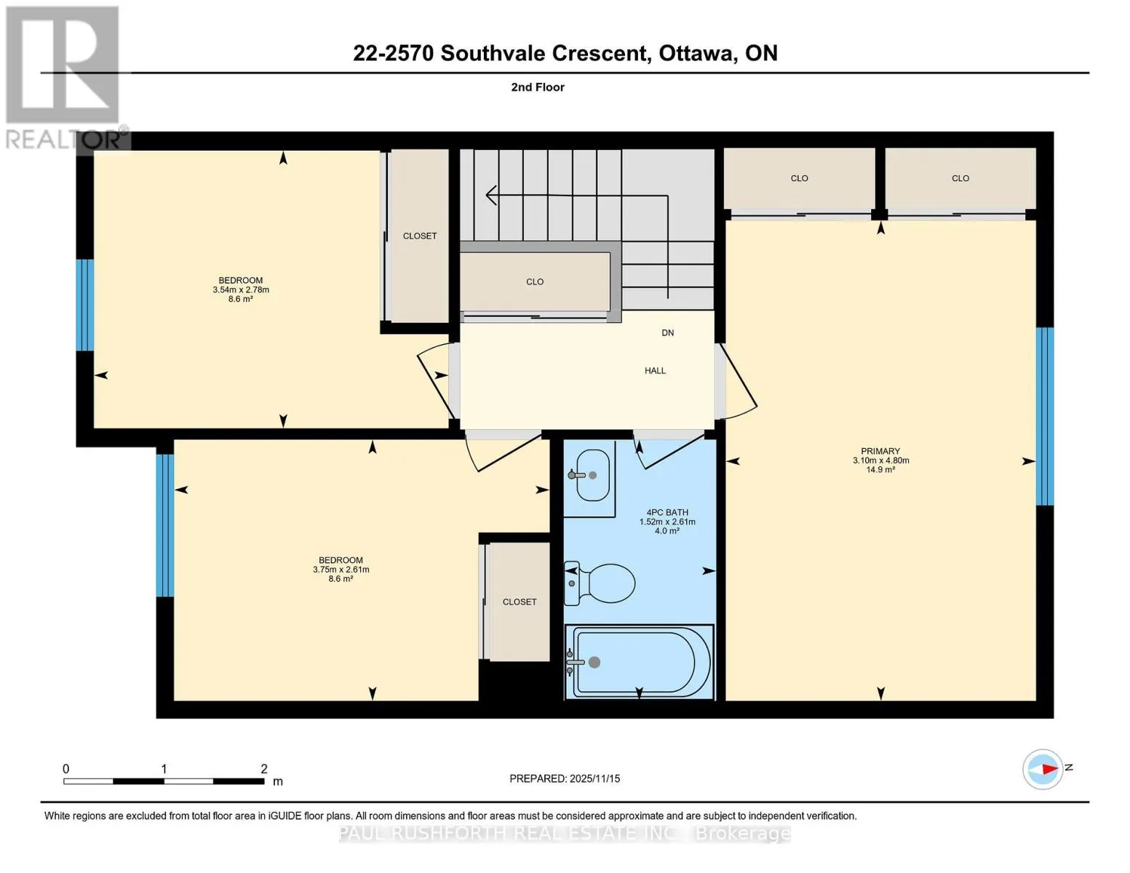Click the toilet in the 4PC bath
pos(600,583)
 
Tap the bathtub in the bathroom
pos(639,663)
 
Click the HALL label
pos(655,371)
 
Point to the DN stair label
pos(668,332)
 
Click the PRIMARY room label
pos(880,451)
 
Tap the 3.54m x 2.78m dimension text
pos(241,290)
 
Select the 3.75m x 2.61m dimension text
pos(341,570)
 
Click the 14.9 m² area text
pos(880,470)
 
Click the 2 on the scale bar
pos(264,769)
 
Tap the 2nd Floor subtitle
pos(538,87)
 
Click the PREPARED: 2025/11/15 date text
pos(565,778)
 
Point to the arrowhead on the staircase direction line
pos(491,196)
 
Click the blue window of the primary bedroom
pos(1046,416)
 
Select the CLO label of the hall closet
pos(535,282)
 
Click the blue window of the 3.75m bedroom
pos(165,526)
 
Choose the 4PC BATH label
pos(667,513)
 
